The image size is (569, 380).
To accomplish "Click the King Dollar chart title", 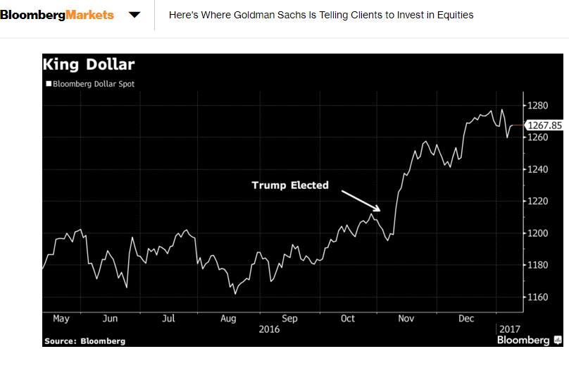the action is [x=89, y=65].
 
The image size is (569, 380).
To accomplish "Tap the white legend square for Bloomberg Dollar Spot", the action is [x=49, y=84].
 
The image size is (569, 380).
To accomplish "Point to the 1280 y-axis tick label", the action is [x=537, y=105].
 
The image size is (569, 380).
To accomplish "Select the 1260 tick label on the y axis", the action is [x=537, y=137].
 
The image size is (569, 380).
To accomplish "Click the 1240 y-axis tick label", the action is [x=537, y=169].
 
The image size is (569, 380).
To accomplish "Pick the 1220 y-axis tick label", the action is [x=537, y=201].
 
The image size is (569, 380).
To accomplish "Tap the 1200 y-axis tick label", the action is [x=537, y=233].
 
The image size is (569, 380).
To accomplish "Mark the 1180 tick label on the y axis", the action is [x=537, y=265].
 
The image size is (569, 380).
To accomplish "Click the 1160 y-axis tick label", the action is [x=537, y=297].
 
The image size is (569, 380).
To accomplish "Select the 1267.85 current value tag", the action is [x=544, y=125].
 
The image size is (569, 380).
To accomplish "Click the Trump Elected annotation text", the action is [x=290, y=185].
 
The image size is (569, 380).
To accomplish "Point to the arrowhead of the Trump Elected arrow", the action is [x=380, y=210].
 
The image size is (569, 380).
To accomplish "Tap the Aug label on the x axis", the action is [x=228, y=319].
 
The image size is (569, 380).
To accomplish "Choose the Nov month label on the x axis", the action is [x=406, y=319].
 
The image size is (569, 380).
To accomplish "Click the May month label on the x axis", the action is [x=61, y=319].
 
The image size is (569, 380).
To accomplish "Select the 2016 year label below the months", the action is [x=269, y=329].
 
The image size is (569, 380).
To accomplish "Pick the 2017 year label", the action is [x=510, y=329].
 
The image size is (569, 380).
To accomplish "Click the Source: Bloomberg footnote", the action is [x=85, y=341].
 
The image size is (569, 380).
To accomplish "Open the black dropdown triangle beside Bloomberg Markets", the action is [x=135, y=15].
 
